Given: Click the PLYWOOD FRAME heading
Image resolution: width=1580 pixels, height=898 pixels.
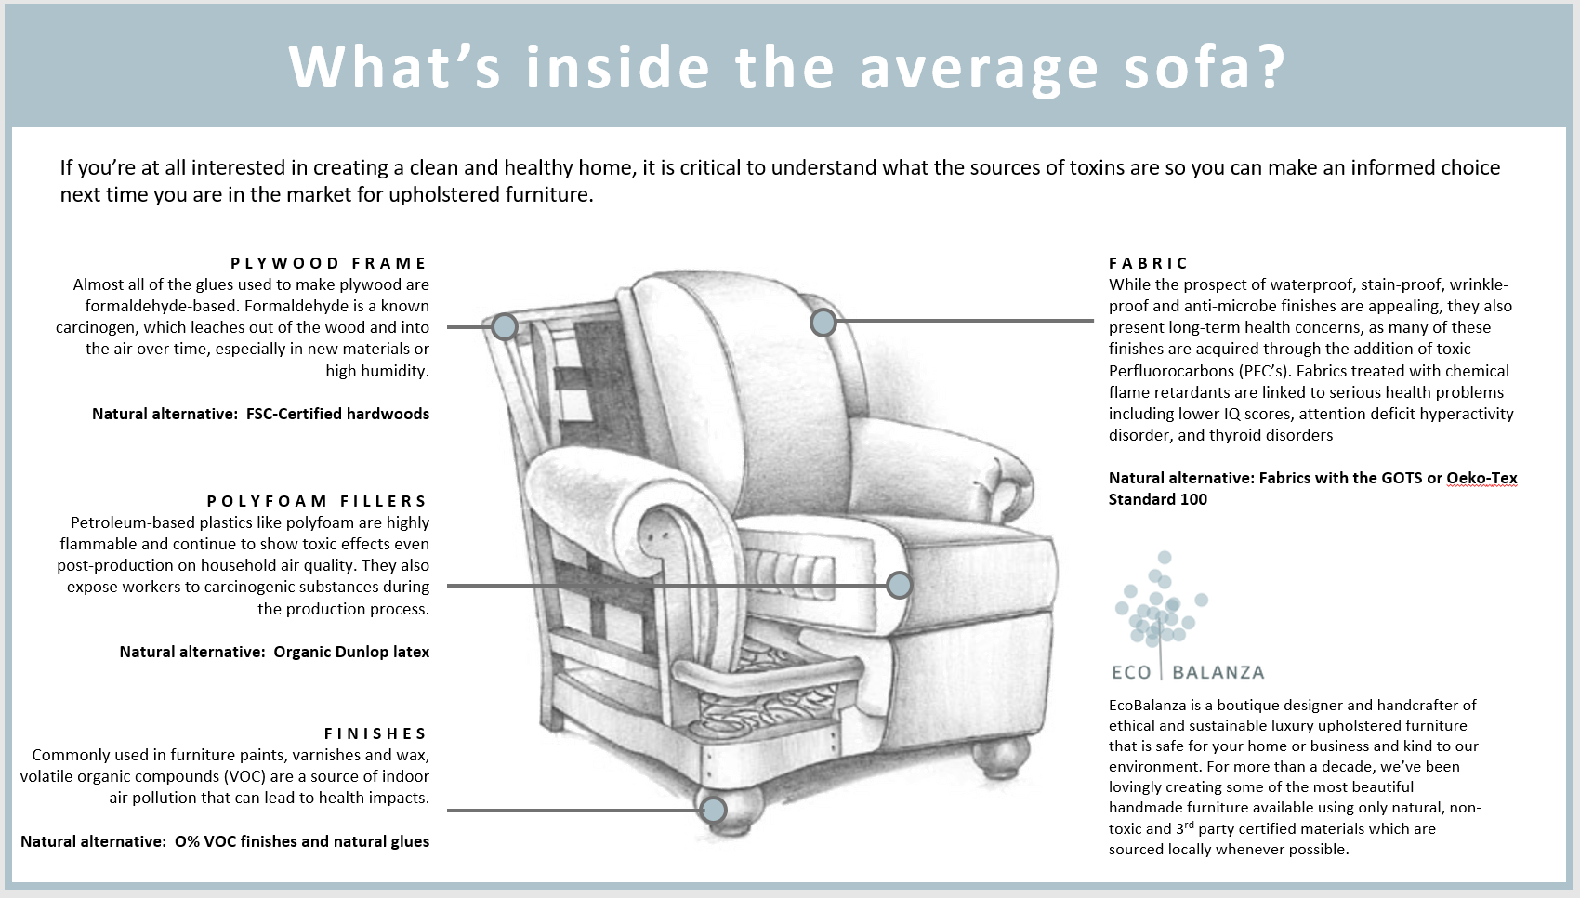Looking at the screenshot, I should click(329, 263).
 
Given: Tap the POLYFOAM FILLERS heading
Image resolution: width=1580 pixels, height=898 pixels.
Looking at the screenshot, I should click(317, 501).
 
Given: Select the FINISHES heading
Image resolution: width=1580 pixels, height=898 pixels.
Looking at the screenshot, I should click(375, 733).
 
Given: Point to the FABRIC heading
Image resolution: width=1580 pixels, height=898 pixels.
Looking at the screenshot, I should click(1149, 263).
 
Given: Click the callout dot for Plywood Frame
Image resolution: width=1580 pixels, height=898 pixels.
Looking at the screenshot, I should click(505, 326).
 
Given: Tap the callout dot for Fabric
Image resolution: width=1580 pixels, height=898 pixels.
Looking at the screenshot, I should click(823, 323).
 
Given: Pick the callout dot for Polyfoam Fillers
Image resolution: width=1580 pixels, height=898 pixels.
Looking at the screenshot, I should click(899, 585).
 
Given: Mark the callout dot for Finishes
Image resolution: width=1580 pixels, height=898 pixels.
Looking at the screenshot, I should click(713, 811).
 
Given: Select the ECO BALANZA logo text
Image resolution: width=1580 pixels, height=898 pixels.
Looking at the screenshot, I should click(1188, 672).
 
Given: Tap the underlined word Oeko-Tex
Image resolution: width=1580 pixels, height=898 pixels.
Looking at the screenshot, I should click(1481, 478).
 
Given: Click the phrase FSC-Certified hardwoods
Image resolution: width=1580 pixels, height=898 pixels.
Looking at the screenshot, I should click(337, 414).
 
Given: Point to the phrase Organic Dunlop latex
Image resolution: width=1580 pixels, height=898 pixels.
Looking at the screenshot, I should click(351, 652).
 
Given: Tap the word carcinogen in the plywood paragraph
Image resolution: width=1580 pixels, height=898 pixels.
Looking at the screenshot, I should click(98, 327).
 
